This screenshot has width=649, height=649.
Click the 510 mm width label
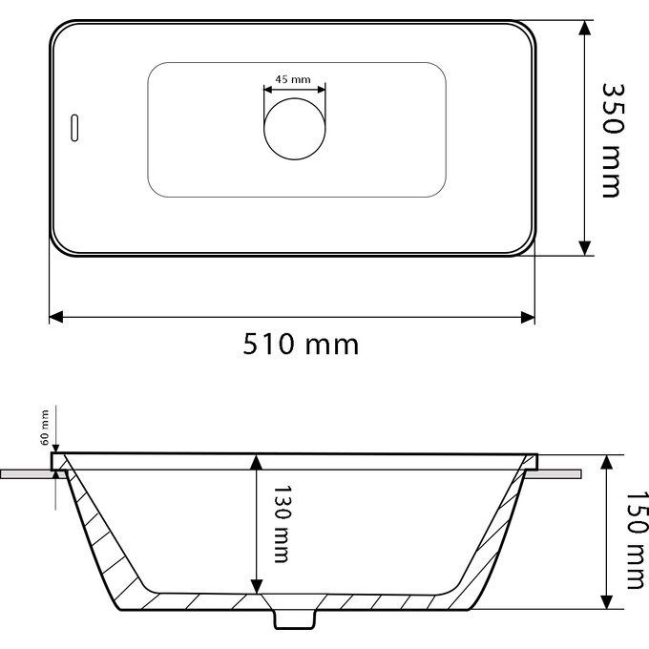(301, 344)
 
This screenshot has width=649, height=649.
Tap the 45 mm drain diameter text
(294, 78)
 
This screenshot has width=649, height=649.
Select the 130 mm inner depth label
(279, 525)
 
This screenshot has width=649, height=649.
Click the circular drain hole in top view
(295, 127)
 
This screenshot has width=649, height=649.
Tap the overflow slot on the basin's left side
(74, 129)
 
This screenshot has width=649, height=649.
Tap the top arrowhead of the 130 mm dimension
(255, 462)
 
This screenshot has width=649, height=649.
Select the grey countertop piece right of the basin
(562, 473)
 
